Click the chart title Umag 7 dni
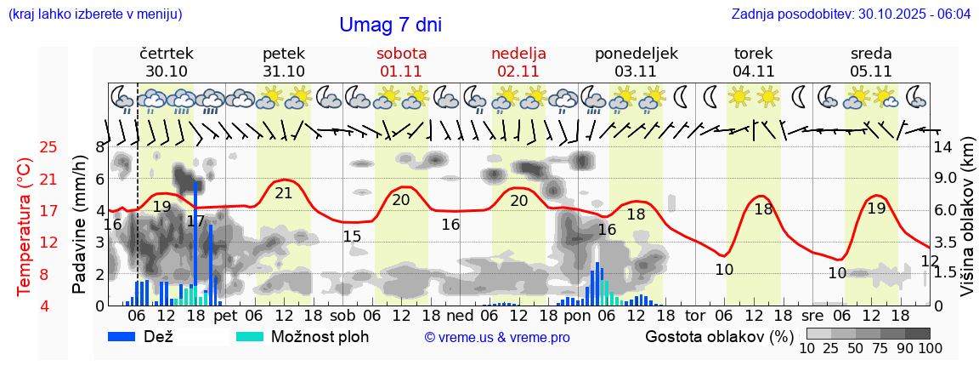[x=390, y=26]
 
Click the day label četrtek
[x=167, y=54]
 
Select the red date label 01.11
[x=401, y=71]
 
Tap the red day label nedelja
[x=518, y=54]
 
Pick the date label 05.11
[x=871, y=71]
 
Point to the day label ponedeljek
[x=637, y=54]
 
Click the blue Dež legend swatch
[x=127, y=336]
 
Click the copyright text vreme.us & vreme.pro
[x=497, y=338]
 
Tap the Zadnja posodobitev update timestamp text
[x=851, y=14]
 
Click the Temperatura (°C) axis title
[x=25, y=226]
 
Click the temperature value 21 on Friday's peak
[x=283, y=193]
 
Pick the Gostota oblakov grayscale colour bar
[x=868, y=334]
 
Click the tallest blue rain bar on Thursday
[x=195, y=243]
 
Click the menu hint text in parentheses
[x=95, y=14]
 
